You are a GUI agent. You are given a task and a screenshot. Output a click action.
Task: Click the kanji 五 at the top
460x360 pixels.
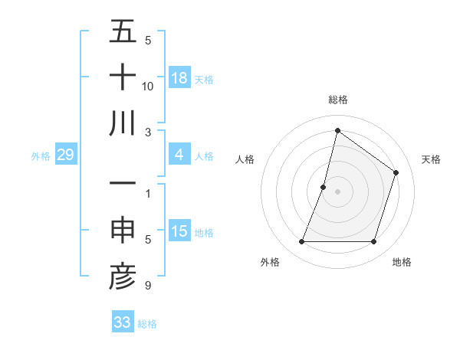123,32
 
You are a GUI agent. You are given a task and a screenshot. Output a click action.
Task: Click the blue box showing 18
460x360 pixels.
179,77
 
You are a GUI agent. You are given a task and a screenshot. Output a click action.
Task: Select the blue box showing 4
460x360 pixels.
179,155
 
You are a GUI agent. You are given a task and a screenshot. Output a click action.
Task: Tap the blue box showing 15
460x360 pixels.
179,231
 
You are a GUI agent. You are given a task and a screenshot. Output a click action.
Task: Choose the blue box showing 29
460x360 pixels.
65,155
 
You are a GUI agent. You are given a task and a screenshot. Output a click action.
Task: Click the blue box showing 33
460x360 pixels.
123,322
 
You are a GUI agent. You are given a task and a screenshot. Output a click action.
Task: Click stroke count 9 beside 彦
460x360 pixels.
148,286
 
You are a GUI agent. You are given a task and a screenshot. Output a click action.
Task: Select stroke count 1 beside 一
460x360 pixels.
148,193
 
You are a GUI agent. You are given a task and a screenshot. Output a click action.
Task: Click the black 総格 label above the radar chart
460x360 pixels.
338,100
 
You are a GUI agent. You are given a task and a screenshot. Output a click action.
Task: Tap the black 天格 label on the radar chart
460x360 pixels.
431,159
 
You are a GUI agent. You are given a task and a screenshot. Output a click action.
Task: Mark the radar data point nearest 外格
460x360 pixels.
301,242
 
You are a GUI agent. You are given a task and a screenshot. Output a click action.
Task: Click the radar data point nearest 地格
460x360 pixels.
374,242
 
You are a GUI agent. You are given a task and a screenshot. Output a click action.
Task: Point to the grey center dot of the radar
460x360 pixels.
337,191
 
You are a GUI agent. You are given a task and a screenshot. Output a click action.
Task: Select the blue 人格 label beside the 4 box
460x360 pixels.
204,155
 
